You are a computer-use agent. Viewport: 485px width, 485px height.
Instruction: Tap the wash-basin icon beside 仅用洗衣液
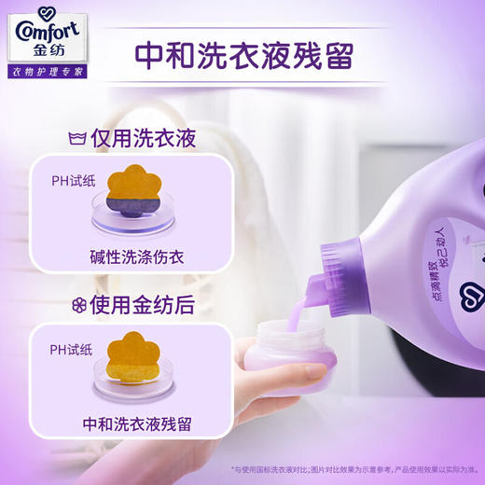(77, 139)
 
